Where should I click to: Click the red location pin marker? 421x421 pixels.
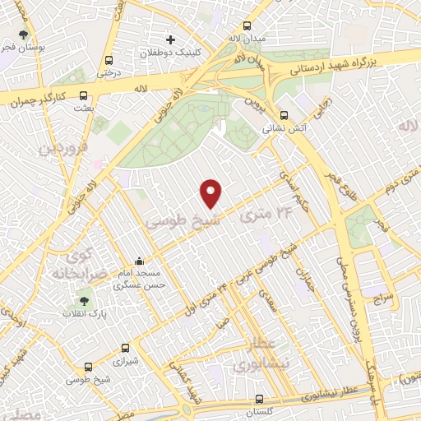pos(212,192)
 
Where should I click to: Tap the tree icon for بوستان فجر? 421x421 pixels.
pos(23,35)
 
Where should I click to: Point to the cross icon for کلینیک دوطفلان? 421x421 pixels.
pos(170,39)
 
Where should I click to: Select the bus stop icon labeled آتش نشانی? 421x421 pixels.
pos(283,115)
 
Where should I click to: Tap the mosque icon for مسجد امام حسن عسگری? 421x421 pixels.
pos(138,261)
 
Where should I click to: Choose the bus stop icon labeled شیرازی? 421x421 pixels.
pos(125,348)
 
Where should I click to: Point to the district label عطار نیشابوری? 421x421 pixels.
pos(263,351)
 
